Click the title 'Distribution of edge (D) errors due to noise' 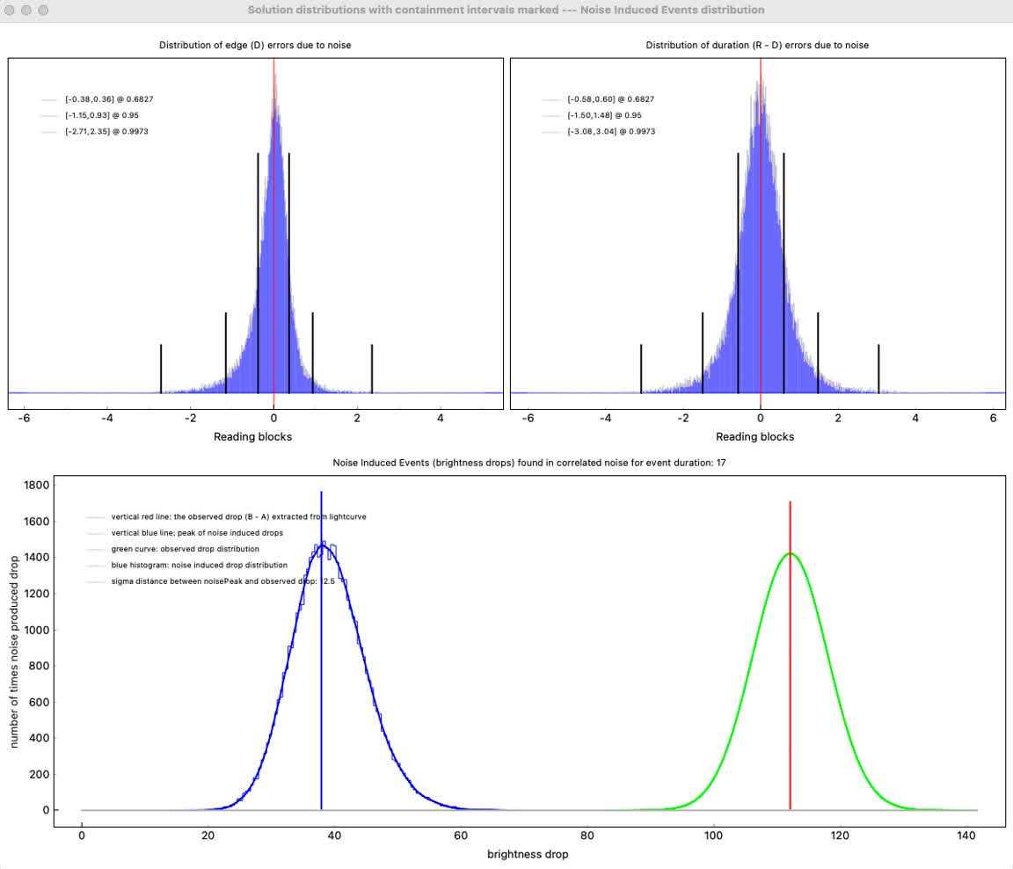[255, 45]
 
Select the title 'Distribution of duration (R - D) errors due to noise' [757, 45]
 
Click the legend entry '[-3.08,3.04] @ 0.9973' [610, 131]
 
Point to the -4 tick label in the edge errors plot [106, 419]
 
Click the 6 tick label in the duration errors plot [993, 419]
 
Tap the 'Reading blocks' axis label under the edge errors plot [253, 436]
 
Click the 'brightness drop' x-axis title [528, 854]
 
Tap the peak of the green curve [790, 553]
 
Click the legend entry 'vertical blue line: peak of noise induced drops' [197, 533]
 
